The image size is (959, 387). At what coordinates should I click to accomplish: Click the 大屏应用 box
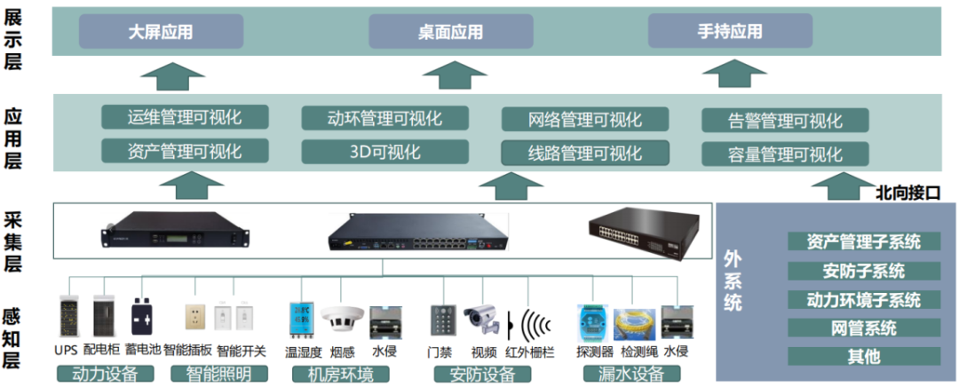pos(161,31)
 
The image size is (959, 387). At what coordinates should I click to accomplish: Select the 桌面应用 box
pos(451,31)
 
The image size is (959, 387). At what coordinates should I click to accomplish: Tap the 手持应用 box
pos(730,30)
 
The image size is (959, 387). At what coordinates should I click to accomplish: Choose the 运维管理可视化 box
pos(185,117)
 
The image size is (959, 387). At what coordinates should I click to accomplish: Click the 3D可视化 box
pos(385,152)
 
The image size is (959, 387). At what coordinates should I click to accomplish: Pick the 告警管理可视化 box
pos(785,121)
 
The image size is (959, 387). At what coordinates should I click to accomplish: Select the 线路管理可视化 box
pos(585,153)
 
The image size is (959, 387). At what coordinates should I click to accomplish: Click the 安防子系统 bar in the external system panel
pos(864,271)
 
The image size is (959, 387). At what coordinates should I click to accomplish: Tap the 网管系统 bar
pos(864,328)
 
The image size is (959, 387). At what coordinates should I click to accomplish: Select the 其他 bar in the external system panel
pos(864,357)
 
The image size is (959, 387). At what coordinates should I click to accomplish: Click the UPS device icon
pos(70,317)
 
